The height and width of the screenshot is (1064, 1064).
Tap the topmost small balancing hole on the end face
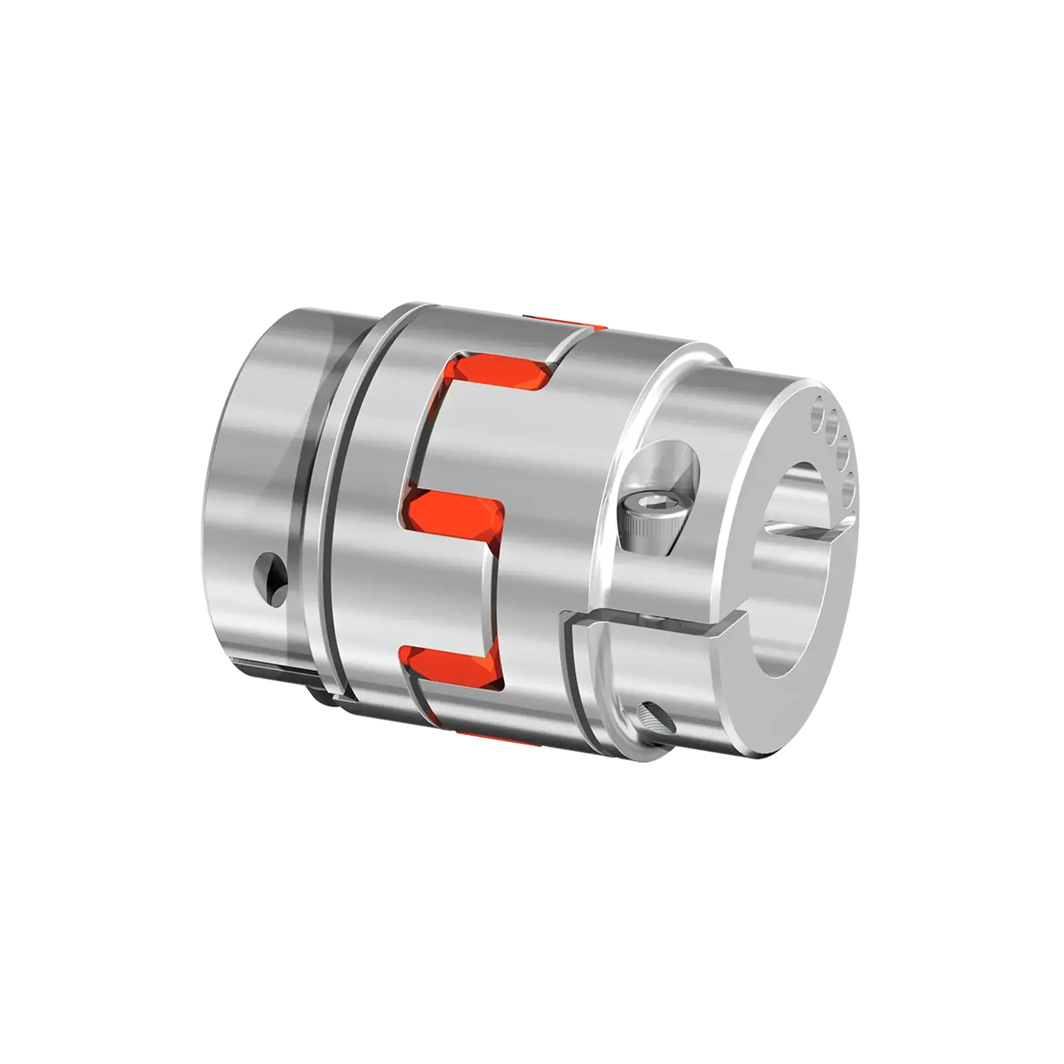pyautogui.click(x=818, y=413)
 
